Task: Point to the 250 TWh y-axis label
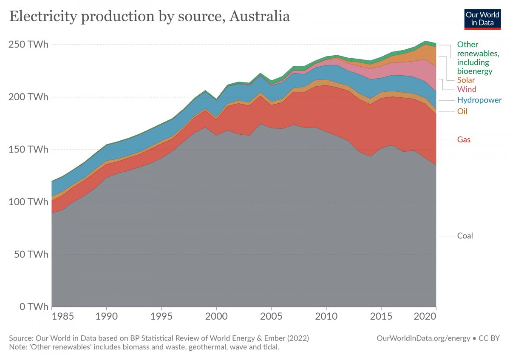click(28, 45)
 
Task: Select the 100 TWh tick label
click(28, 202)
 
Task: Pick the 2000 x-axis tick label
click(216, 318)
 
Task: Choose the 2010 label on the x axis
click(326, 318)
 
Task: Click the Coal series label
click(465, 236)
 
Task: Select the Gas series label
click(464, 139)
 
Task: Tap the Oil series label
click(462, 111)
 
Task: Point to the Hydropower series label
click(479, 100)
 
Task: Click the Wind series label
click(467, 89)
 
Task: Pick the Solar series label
click(466, 80)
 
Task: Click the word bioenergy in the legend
click(475, 71)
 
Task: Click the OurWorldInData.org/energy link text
click(423, 338)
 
